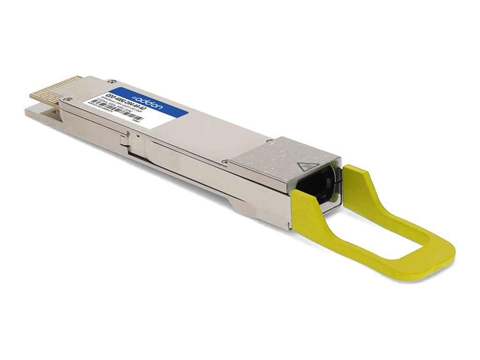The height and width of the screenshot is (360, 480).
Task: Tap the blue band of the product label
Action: pos(141,101)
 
